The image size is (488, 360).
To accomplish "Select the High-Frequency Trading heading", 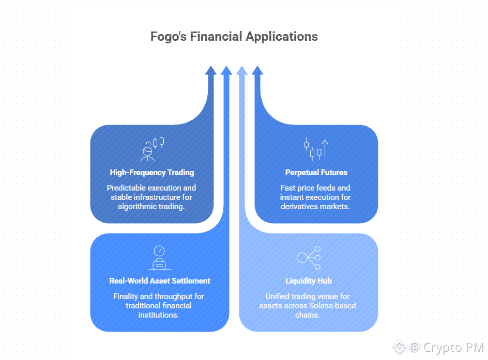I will pyautogui.click(x=152, y=173).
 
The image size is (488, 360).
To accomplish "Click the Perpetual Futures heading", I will pyautogui.click(x=316, y=173).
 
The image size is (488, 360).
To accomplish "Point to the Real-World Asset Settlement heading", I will pyautogui.click(x=160, y=281).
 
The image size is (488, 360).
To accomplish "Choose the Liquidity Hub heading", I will pyautogui.click(x=309, y=281).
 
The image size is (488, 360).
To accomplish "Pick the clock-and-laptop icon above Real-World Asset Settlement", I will pyautogui.click(x=160, y=258).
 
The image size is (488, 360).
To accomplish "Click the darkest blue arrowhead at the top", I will pyautogui.click(x=210, y=71).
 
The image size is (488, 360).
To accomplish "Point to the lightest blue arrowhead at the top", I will pyautogui.click(x=241, y=71).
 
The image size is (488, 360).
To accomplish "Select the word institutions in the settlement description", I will pyautogui.click(x=160, y=315).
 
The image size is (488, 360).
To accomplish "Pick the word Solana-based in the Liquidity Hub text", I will pyautogui.click(x=331, y=306).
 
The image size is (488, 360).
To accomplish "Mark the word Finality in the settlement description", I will pyautogui.click(x=127, y=296).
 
